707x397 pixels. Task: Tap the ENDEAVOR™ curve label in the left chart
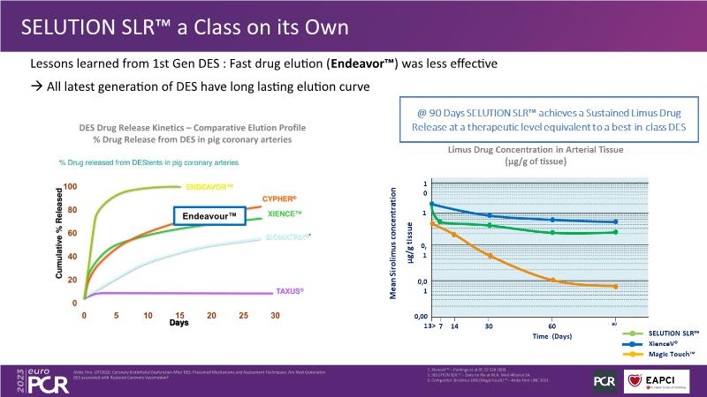pos(209,187)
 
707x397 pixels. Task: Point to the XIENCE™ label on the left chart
pos(284,214)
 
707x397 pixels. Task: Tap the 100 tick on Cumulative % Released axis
pos(71,187)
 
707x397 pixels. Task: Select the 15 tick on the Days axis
pos(180,314)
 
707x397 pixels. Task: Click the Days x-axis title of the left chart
pos(179,323)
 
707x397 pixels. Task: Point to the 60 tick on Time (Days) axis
pos(552,326)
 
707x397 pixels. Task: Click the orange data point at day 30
pos(490,256)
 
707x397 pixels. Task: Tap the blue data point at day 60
pos(552,220)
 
